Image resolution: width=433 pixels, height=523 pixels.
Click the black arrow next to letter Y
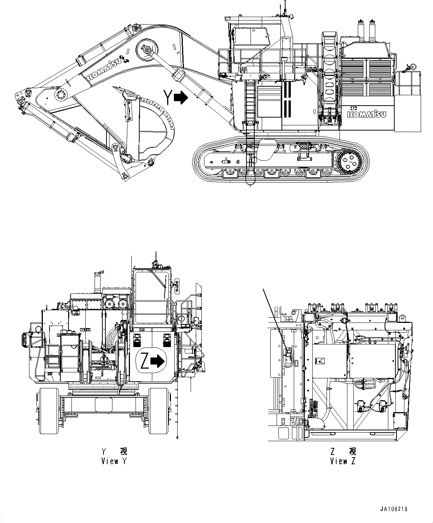(x=181, y=97)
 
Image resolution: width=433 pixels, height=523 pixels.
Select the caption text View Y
(x=114, y=461)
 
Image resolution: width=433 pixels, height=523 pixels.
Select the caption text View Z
(x=343, y=461)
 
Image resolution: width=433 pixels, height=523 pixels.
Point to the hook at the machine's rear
(x=411, y=67)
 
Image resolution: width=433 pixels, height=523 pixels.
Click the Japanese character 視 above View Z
(x=352, y=452)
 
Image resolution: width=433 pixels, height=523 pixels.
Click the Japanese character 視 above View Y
(x=123, y=452)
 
